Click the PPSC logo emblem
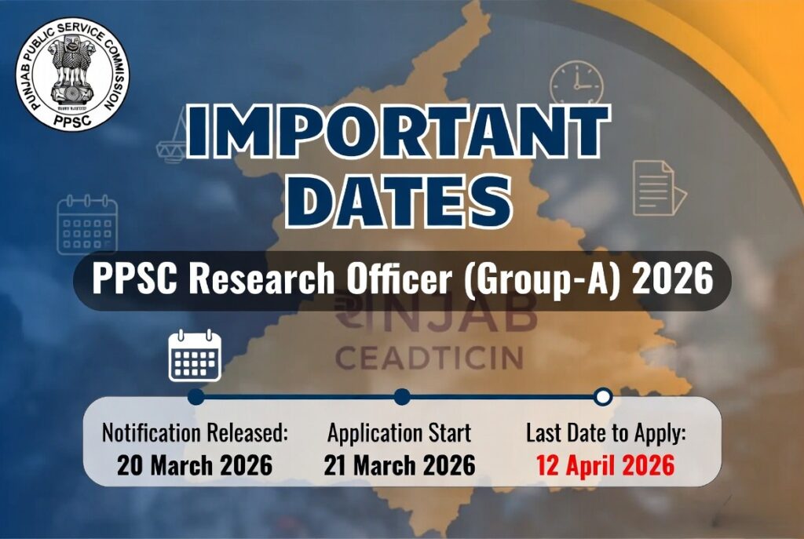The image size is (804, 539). tap(72, 74)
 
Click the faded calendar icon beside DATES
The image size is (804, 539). tap(87, 225)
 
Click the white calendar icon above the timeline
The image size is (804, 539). tap(195, 356)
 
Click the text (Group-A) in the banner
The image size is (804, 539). tap(539, 281)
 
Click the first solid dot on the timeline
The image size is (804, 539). tap(196, 396)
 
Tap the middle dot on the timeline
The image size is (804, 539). tap(402, 396)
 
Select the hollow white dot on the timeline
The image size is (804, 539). tap(603, 396)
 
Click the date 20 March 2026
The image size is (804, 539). tap(195, 465)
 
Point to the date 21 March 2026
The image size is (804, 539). tap(400, 465)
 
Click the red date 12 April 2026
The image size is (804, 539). tap(605, 465)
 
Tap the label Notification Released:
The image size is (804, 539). tap(196, 432)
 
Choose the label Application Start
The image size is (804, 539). tap(400, 432)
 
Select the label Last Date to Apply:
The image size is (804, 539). tap(605, 432)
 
